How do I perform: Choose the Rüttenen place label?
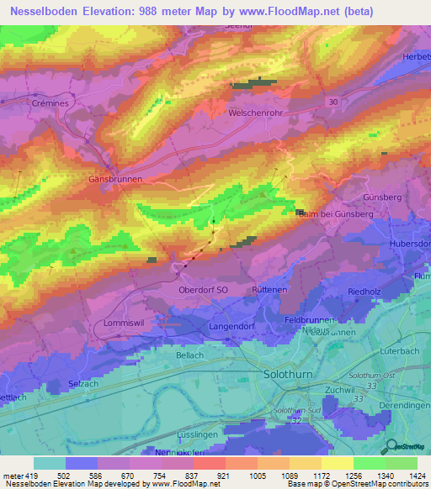click(x=270, y=290)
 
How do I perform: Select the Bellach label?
click(x=190, y=355)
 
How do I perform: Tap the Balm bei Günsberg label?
click(x=336, y=214)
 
